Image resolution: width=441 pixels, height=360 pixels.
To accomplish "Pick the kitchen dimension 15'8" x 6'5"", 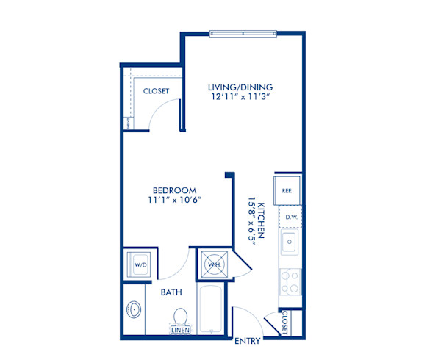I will pyautogui.click(x=251, y=220).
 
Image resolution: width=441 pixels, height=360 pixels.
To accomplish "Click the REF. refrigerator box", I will pyautogui.click(x=287, y=190).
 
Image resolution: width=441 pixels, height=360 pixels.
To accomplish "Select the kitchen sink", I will pyautogui.click(x=290, y=242).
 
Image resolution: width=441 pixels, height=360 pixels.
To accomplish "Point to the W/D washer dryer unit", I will pyautogui.click(x=139, y=264).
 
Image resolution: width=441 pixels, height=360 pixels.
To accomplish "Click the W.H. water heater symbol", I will pyautogui.click(x=214, y=264).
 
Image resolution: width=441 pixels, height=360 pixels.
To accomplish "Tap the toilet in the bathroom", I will pyautogui.click(x=180, y=317).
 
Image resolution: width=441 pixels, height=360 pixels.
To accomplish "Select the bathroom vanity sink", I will pyautogui.click(x=134, y=311).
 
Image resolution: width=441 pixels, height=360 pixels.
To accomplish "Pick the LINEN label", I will pyautogui.click(x=181, y=331).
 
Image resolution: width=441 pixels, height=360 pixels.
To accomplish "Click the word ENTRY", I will pyautogui.click(x=246, y=341).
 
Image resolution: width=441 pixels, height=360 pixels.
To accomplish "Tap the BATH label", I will pyautogui.click(x=171, y=292).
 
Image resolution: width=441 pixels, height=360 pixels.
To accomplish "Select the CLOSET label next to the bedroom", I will pyautogui.click(x=156, y=91).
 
